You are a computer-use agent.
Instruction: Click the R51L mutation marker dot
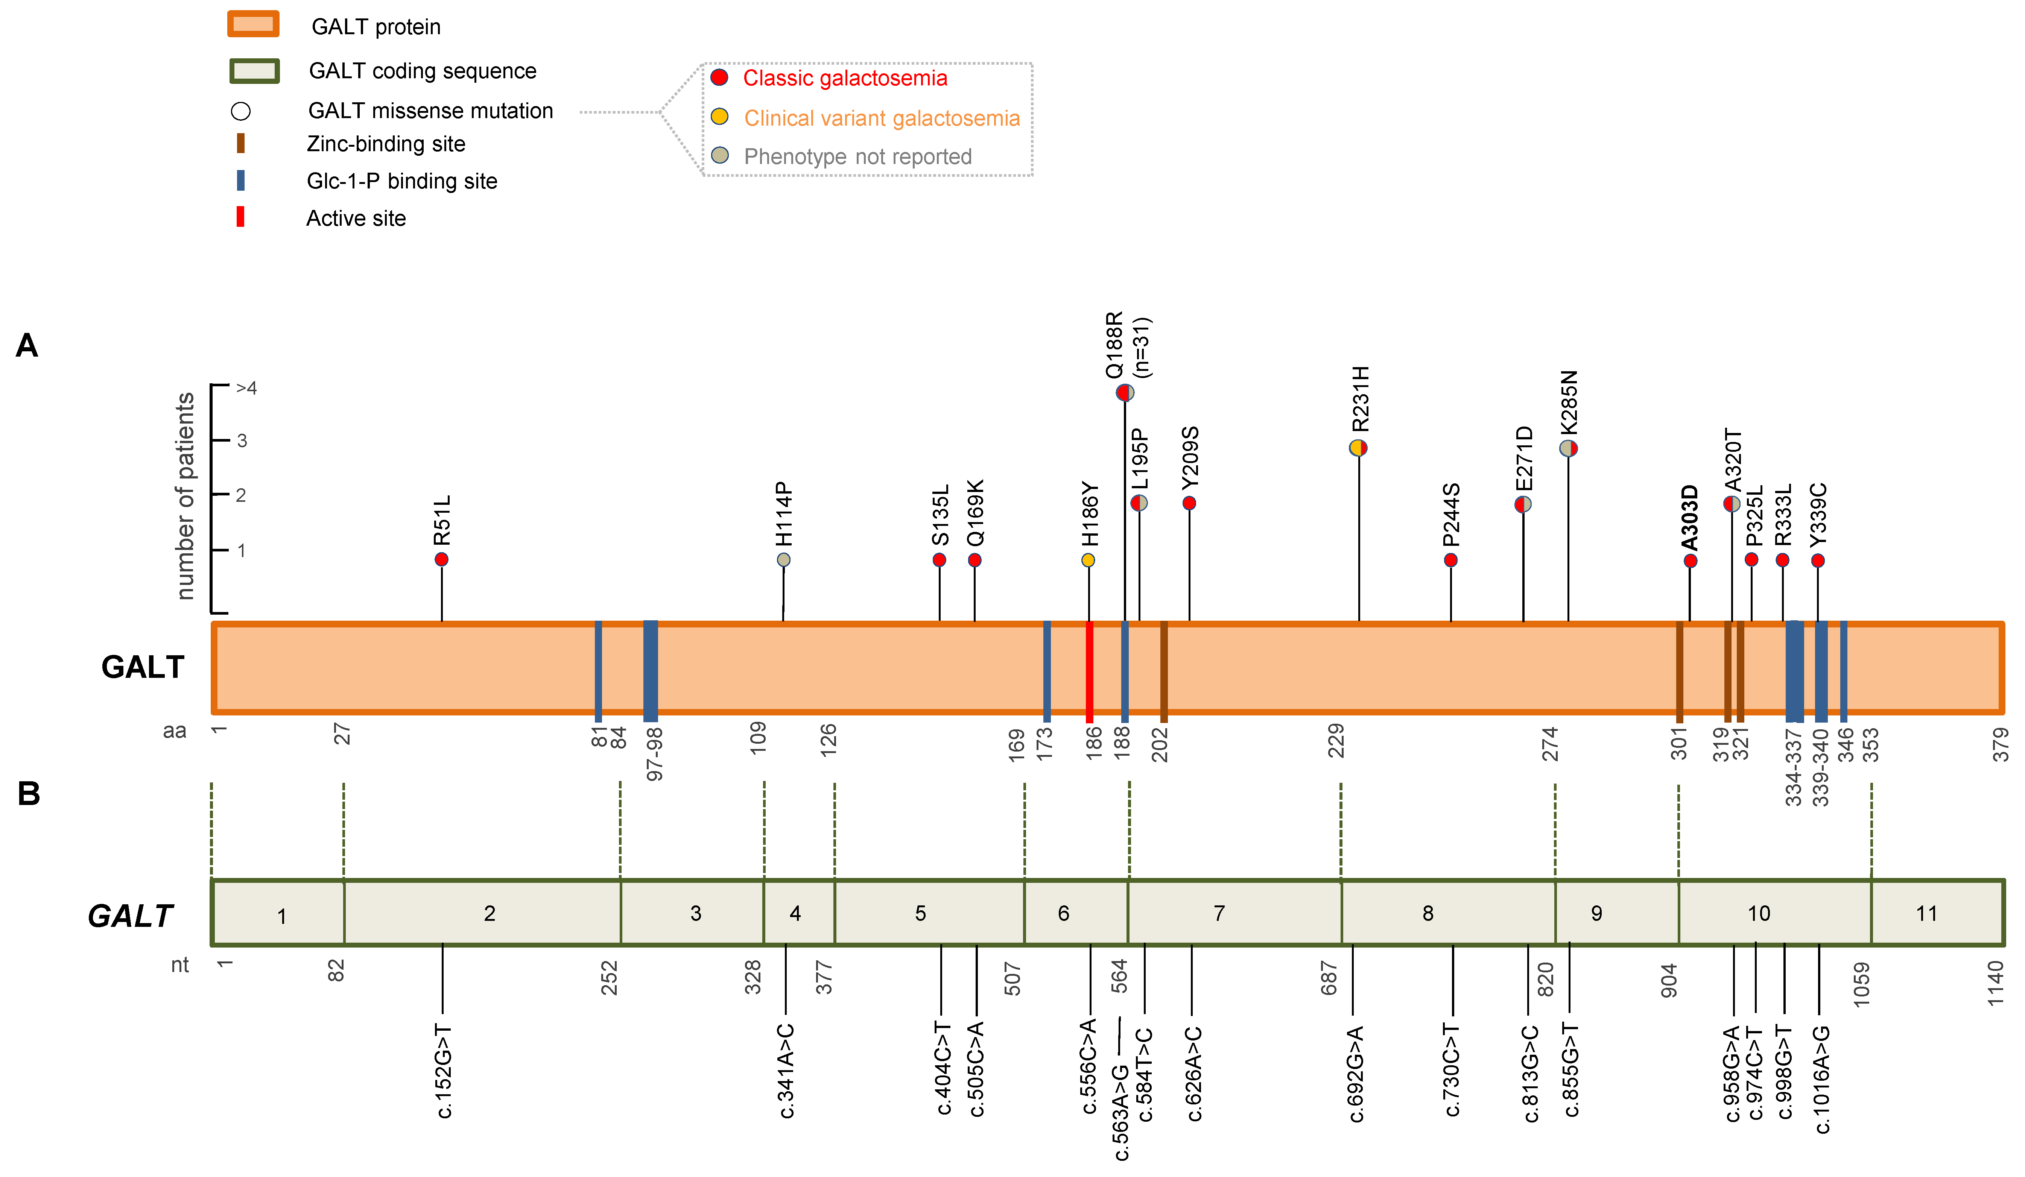point(441,559)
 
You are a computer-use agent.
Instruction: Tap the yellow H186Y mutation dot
point(1088,560)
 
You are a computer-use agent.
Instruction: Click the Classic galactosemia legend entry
point(845,78)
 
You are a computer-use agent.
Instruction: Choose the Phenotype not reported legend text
point(857,156)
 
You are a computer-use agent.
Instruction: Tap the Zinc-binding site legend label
point(386,144)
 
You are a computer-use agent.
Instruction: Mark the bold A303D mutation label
point(1690,516)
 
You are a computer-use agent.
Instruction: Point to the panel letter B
point(29,794)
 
